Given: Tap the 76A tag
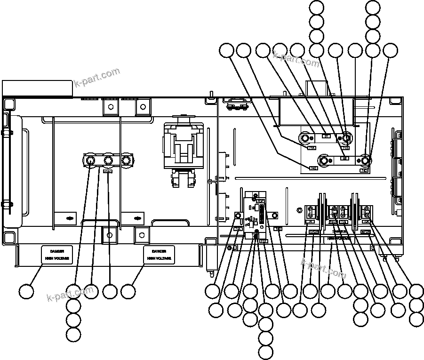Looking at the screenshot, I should [332, 222].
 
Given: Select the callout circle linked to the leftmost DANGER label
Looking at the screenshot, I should [27, 291].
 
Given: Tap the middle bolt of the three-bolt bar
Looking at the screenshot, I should [108, 160].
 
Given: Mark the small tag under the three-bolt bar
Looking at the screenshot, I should [108, 171].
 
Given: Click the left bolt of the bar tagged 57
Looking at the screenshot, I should [306, 138].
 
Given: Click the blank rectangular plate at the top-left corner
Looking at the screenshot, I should [37, 88].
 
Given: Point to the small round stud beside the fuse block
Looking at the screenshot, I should [238, 216].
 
